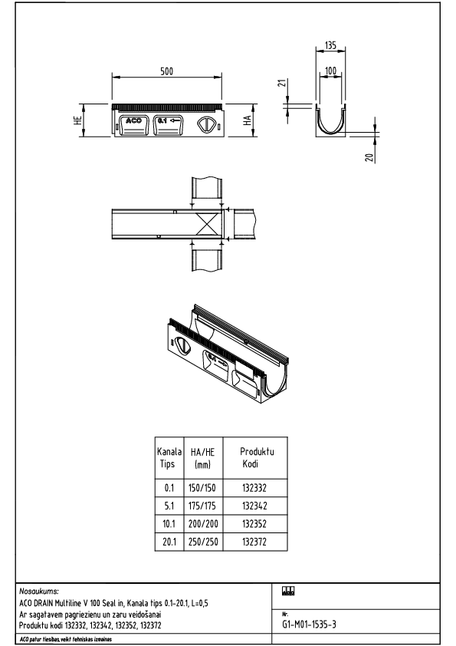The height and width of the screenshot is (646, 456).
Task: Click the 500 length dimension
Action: pos(167,71)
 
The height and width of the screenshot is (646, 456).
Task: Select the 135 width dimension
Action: pos(330,46)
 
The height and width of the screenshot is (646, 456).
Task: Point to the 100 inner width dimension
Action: pos(330,71)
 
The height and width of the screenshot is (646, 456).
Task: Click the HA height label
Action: pos(248,120)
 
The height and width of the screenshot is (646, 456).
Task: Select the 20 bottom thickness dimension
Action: pos(369,157)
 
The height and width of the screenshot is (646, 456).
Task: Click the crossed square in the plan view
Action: pos(208,224)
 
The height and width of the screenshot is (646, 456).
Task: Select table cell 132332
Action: pos(253,486)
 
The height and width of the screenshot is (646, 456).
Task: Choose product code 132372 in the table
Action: pos(253,542)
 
